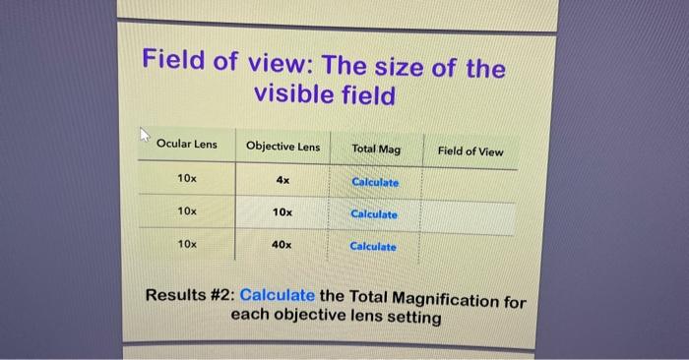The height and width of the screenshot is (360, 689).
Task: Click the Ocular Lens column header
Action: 186,145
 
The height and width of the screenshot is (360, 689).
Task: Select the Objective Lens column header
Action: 282,148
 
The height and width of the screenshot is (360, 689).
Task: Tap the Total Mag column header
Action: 376,150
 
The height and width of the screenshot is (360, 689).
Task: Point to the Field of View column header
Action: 470,151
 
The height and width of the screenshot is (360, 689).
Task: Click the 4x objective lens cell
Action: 282,180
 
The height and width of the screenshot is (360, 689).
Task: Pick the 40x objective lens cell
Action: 282,244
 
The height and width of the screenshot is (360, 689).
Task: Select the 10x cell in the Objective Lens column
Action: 282,212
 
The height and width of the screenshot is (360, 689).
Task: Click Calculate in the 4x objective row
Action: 375,183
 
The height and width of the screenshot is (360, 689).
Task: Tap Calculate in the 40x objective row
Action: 373,246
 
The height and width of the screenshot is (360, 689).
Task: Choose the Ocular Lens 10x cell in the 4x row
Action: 187,178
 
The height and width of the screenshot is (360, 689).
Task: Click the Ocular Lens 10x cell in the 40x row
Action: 187,242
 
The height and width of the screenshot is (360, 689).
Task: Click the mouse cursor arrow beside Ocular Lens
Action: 146,134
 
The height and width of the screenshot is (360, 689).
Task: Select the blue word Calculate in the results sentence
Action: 278,295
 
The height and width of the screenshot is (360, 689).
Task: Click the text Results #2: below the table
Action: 191,294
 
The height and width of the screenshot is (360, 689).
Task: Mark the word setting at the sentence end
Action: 413,319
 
